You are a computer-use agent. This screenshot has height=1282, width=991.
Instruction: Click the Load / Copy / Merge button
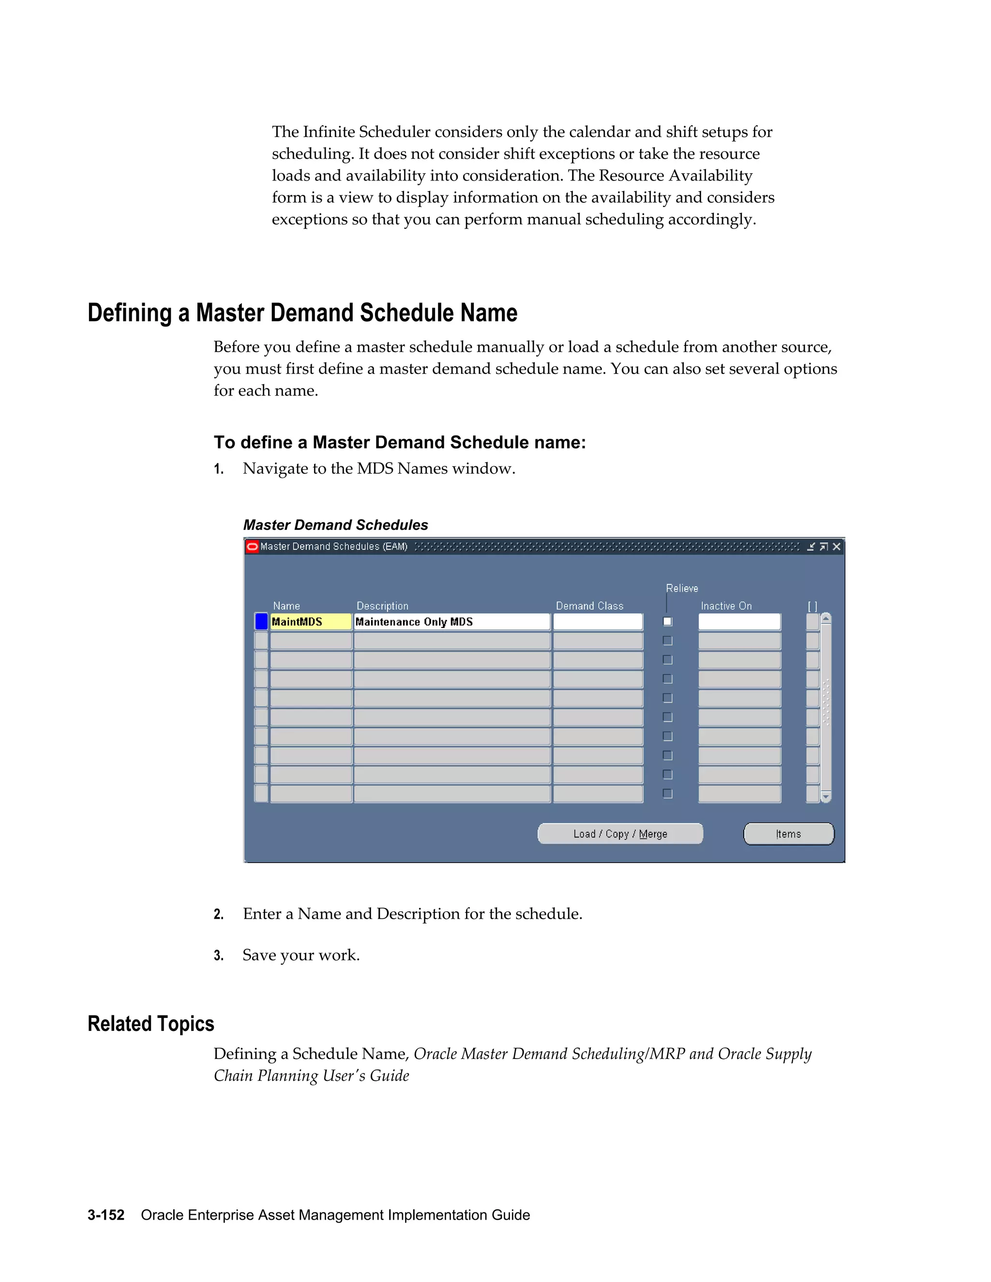pyautogui.click(x=620, y=834)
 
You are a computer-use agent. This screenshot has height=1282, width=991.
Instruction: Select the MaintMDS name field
pyautogui.click(x=310, y=622)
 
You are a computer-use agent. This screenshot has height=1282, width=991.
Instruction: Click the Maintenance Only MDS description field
pyautogui.click(x=451, y=622)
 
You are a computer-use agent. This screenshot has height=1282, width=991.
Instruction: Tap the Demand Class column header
pyautogui.click(x=589, y=606)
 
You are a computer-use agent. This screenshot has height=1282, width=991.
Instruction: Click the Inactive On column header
pyautogui.click(x=726, y=606)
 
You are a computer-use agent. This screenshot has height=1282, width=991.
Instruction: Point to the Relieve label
pyautogui.click(x=682, y=588)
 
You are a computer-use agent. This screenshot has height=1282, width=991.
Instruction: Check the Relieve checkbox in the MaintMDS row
pyautogui.click(x=667, y=622)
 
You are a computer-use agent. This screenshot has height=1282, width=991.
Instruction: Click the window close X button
pyautogui.click(x=837, y=547)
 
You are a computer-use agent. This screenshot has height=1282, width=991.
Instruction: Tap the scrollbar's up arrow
pyautogui.click(x=826, y=618)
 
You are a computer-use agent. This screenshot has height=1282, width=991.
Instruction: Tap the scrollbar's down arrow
pyautogui.click(x=826, y=797)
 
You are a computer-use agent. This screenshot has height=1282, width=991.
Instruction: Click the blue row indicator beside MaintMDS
pyautogui.click(x=261, y=622)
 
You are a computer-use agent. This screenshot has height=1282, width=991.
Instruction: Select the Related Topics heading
pyautogui.click(x=151, y=1024)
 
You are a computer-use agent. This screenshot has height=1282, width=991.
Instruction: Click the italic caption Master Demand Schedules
pyautogui.click(x=335, y=525)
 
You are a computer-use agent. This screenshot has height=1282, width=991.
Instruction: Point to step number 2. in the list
pyautogui.click(x=218, y=914)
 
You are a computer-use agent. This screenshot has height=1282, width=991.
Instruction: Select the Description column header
pyautogui.click(x=382, y=606)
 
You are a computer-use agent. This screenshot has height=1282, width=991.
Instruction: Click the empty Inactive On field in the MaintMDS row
pyautogui.click(x=739, y=622)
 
